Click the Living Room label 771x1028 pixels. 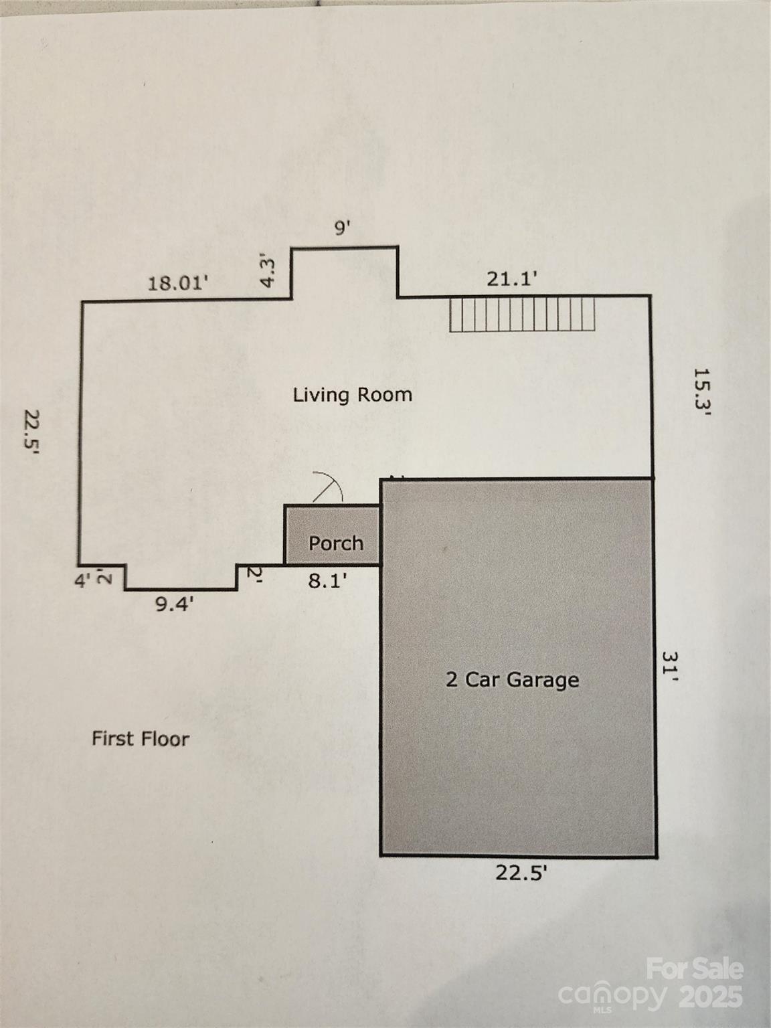pyautogui.click(x=353, y=396)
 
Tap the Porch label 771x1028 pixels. pyautogui.click(x=336, y=543)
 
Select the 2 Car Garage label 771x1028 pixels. pyautogui.click(x=512, y=680)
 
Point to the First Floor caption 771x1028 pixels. pyautogui.click(x=141, y=739)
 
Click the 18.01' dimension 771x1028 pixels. pyautogui.click(x=178, y=283)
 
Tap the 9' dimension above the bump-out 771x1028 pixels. pyautogui.click(x=343, y=228)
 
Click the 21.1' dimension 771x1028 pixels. pyautogui.click(x=511, y=280)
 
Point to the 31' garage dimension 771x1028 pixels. pyautogui.click(x=670, y=666)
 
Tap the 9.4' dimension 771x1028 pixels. pyautogui.click(x=174, y=605)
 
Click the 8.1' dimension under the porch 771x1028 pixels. pyautogui.click(x=328, y=582)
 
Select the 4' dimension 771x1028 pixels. pyautogui.click(x=82, y=582)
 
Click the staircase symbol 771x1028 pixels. pyautogui.click(x=522, y=315)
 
